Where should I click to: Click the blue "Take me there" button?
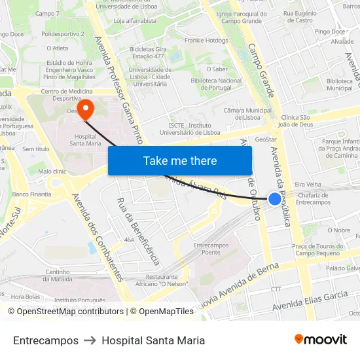click(x=180, y=160)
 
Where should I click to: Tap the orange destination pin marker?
click(x=85, y=107)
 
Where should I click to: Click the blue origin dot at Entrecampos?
click(x=275, y=199)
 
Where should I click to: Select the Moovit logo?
click(x=320, y=340)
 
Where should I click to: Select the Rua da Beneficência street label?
click(x=138, y=231)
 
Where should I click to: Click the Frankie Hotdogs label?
click(x=207, y=41)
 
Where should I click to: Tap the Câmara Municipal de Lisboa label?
click(x=247, y=114)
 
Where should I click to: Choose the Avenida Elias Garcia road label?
click(x=310, y=300)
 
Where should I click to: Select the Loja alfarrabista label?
click(x=135, y=20)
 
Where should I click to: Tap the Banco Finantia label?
click(x=31, y=194)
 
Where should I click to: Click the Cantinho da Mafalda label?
click(x=58, y=276)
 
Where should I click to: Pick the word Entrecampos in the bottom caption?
click(x=46, y=340)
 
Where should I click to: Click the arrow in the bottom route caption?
click(x=90, y=340)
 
